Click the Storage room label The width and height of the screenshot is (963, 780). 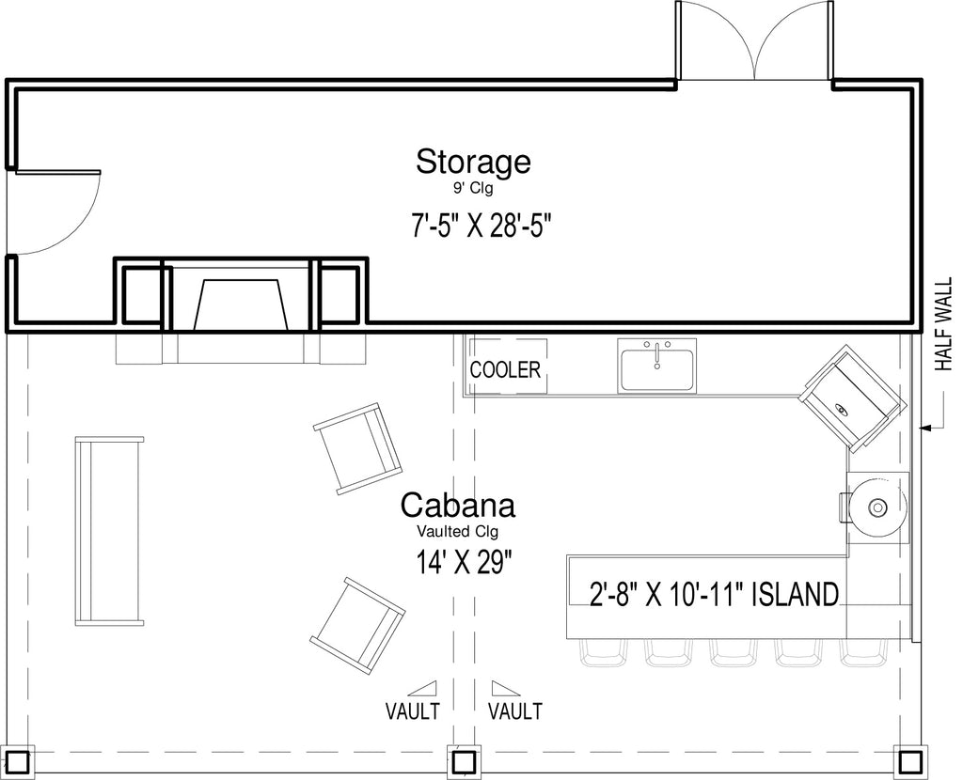(473, 162)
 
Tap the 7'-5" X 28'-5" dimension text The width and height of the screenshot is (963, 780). (478, 226)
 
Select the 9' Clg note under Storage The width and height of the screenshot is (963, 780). (473, 189)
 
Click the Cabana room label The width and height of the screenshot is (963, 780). (458, 507)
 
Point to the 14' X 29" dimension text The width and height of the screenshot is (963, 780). (465, 562)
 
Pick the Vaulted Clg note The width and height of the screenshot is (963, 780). (458, 531)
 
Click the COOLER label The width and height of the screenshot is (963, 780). (505, 370)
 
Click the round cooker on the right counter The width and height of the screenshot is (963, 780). (878, 507)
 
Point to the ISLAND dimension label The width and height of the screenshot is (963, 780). (714, 595)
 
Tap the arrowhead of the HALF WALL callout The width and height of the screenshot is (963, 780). (925, 427)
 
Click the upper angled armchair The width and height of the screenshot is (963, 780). (358, 448)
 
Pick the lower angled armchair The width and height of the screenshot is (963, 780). (357, 626)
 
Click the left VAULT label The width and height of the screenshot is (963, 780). (412, 711)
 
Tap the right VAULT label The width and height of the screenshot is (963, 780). (514, 711)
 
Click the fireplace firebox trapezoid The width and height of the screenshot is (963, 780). (241, 305)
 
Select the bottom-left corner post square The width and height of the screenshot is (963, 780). (18, 761)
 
